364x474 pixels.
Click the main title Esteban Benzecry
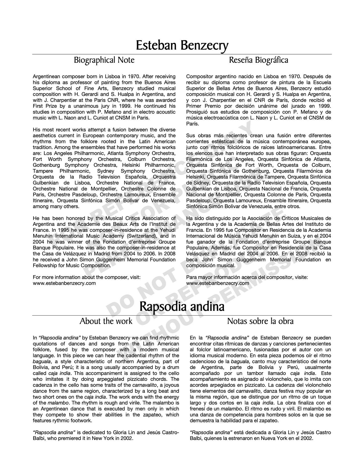click(x=182, y=45)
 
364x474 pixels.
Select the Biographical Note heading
click(x=104, y=60)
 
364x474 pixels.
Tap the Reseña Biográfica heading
click(x=259, y=60)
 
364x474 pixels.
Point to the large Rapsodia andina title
click(x=182, y=307)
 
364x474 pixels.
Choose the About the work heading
click(x=106, y=321)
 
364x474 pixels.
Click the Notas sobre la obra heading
click(x=260, y=321)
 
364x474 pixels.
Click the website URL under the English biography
click(x=64, y=283)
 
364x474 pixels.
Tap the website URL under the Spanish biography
click(x=218, y=283)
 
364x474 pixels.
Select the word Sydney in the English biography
click(x=106, y=171)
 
